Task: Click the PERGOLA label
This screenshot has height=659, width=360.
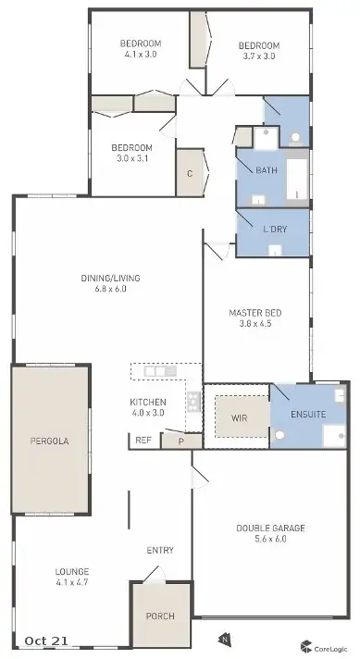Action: click(x=49, y=440)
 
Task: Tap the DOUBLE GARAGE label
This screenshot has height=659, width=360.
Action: click(x=269, y=528)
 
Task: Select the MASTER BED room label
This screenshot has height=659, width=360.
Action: click(x=255, y=313)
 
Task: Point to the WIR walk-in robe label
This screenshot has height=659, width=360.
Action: click(x=237, y=417)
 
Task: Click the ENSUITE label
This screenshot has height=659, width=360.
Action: click(x=307, y=414)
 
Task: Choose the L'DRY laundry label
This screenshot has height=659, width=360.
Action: click(x=274, y=229)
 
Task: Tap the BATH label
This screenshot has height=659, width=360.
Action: click(x=267, y=170)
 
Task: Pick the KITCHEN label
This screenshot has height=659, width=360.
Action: click(x=148, y=401)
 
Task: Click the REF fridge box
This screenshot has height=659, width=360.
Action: click(x=143, y=441)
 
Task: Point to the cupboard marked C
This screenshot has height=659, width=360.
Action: click(x=189, y=173)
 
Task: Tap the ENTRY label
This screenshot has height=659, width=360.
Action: click(x=160, y=551)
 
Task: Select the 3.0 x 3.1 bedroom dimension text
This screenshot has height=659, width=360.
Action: click(x=130, y=159)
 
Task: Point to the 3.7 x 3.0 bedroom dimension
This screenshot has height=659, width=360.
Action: click(x=258, y=56)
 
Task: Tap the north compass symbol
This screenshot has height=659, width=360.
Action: click(x=223, y=638)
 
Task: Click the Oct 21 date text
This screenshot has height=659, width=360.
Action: click(x=47, y=640)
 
